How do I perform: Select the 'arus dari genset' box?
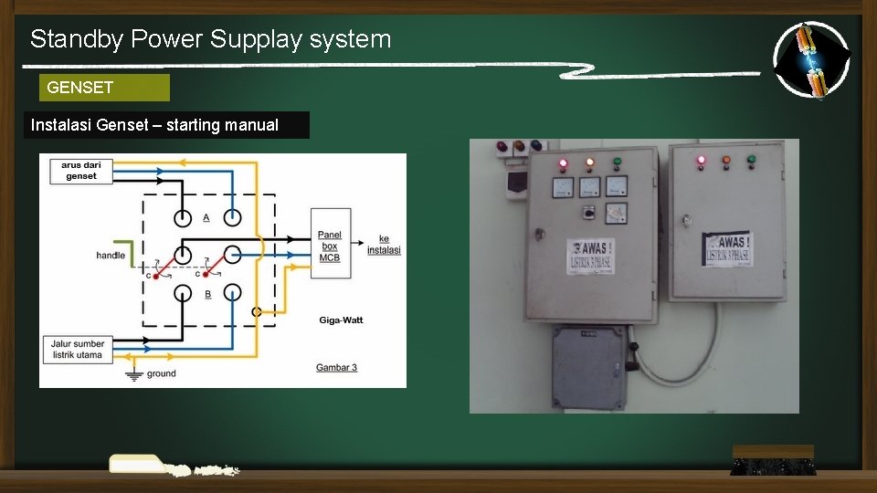click(81, 171)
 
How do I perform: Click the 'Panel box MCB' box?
click(329, 246)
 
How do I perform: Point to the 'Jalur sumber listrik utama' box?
click(78, 348)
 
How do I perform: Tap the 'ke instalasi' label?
click(384, 245)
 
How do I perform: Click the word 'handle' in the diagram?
click(111, 256)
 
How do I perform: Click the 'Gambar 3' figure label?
click(336, 367)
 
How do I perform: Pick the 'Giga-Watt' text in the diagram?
click(341, 320)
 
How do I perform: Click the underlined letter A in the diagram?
click(206, 217)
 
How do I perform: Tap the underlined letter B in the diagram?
click(207, 294)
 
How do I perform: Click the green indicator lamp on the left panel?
click(618, 163)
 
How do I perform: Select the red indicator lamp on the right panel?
click(701, 161)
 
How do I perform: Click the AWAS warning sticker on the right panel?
click(727, 247)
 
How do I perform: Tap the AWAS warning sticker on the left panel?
click(590, 256)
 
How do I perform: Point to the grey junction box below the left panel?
click(589, 367)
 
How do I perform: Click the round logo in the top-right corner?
click(811, 59)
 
